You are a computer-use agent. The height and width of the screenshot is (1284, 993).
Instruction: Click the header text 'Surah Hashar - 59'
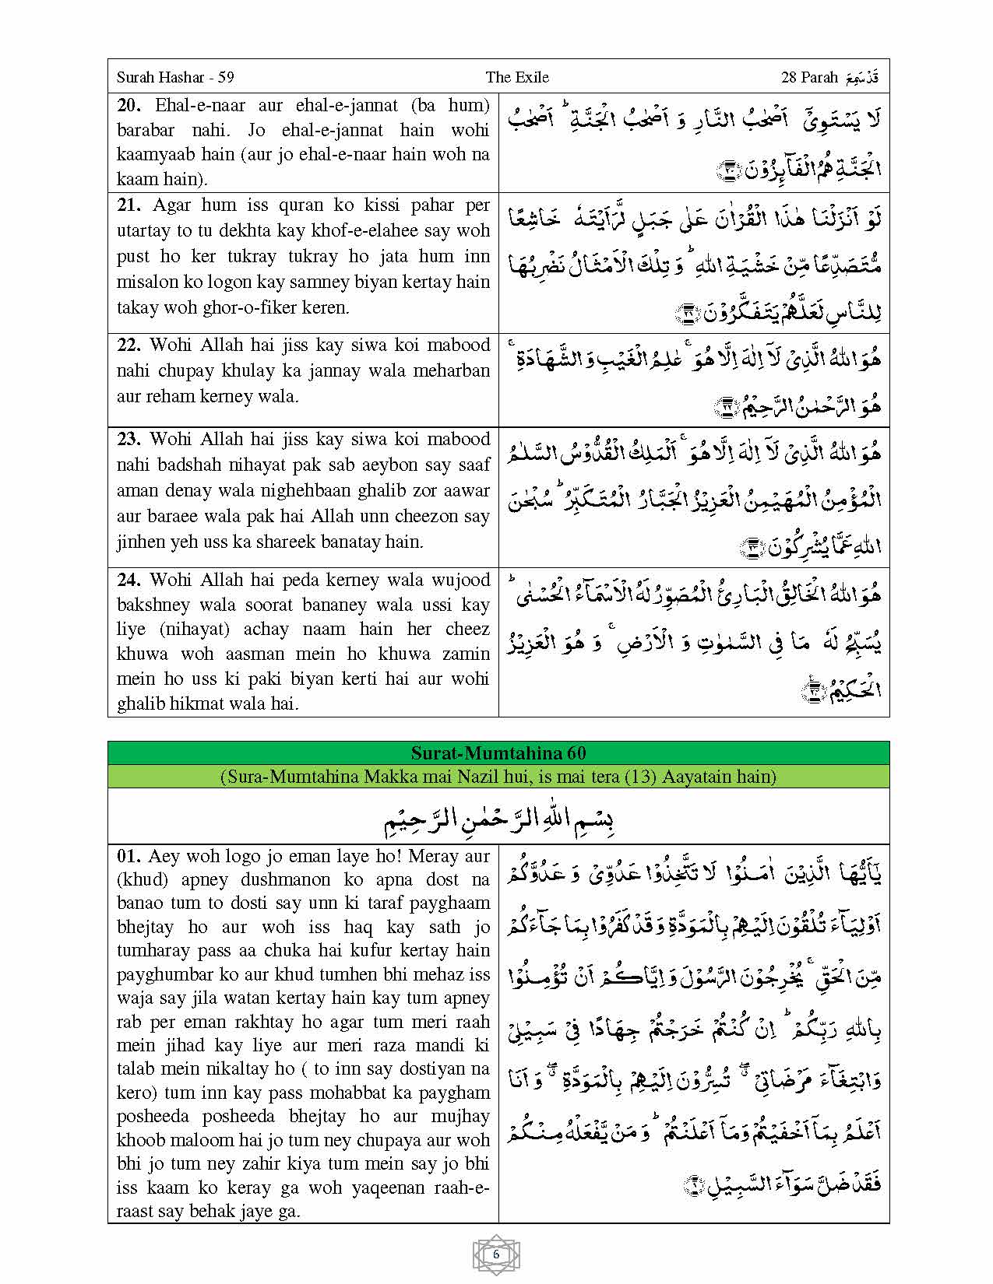pos(175,77)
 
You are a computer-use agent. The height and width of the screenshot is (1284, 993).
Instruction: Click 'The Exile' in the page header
pos(517,77)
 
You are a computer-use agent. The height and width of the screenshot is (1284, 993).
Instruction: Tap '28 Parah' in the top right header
pos(809,77)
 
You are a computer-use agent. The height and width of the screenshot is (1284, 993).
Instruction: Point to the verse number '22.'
pos(131,345)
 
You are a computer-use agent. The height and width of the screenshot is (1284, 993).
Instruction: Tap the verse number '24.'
pos(131,580)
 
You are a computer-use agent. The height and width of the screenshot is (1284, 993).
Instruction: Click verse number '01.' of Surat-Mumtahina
pos(129,856)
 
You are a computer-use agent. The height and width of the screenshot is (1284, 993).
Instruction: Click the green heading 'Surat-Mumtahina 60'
pos(498,753)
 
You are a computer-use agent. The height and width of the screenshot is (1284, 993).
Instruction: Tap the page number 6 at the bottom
pos(496,1254)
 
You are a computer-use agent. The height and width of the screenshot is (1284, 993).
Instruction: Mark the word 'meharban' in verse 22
pos(455,370)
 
